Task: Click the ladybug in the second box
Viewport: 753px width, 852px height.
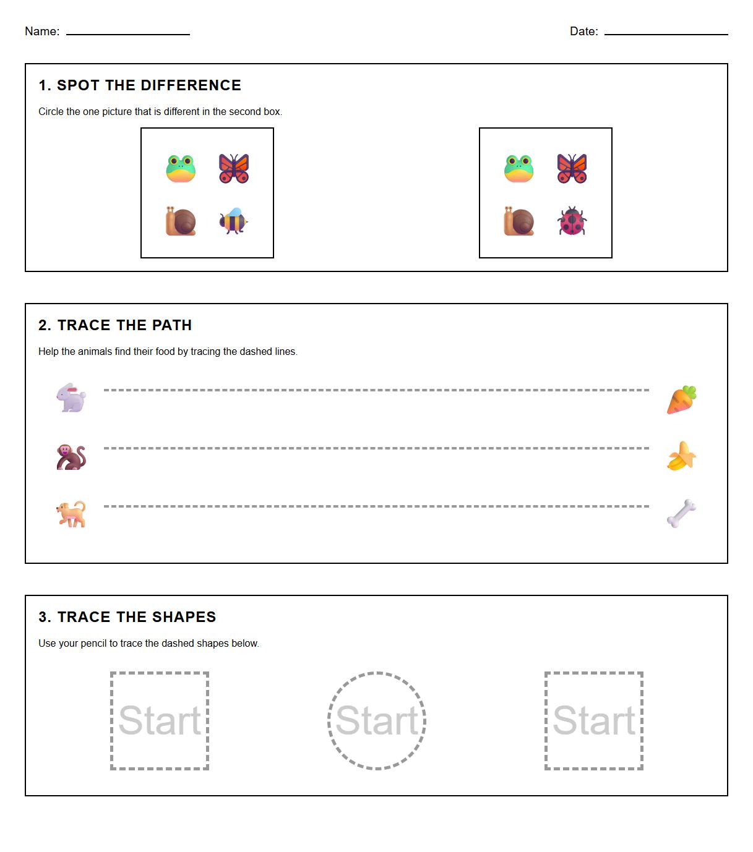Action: (x=572, y=221)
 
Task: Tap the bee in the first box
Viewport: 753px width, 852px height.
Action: (x=233, y=221)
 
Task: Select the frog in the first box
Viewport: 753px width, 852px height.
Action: (x=181, y=168)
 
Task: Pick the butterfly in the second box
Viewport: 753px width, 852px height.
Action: (x=572, y=168)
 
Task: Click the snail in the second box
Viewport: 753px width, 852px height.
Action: (x=518, y=221)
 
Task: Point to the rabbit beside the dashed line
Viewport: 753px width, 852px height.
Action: (x=71, y=398)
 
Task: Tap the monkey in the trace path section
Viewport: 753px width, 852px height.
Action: (x=71, y=457)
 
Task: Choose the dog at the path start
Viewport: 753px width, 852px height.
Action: (x=71, y=514)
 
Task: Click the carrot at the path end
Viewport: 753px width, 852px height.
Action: (x=682, y=399)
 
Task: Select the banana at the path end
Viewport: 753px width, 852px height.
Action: (x=682, y=456)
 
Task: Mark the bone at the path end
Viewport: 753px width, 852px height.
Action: (x=682, y=514)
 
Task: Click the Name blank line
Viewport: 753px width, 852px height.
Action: (x=127, y=33)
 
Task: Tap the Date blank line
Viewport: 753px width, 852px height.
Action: (x=666, y=33)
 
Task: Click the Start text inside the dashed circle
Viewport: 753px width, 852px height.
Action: (x=376, y=721)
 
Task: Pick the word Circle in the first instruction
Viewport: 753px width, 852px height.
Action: (x=51, y=112)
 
